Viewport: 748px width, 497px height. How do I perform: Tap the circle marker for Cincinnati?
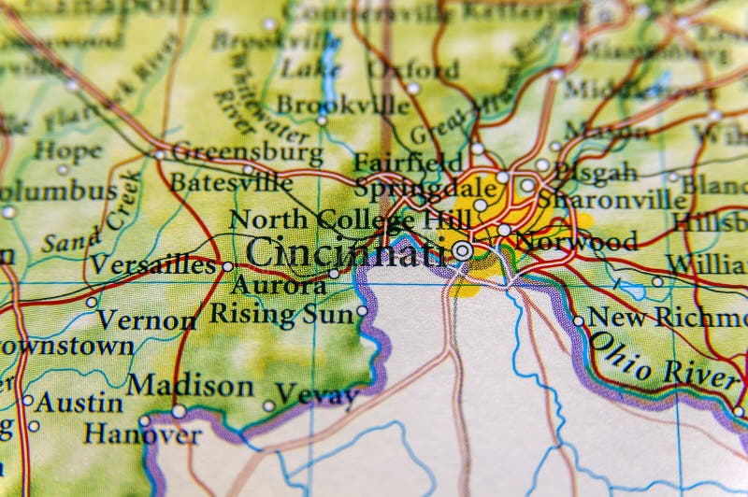[463, 250]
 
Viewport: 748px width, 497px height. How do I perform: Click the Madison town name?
[191, 385]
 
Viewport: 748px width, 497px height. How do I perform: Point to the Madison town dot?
[179, 410]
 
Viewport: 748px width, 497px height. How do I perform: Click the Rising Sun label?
[280, 314]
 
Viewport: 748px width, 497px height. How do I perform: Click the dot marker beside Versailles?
[227, 266]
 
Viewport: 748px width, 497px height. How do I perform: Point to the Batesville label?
[229, 181]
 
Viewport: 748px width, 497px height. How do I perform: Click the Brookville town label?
[342, 105]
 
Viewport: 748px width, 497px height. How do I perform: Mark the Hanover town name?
[142, 434]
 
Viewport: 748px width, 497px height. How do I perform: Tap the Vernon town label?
[147, 319]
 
